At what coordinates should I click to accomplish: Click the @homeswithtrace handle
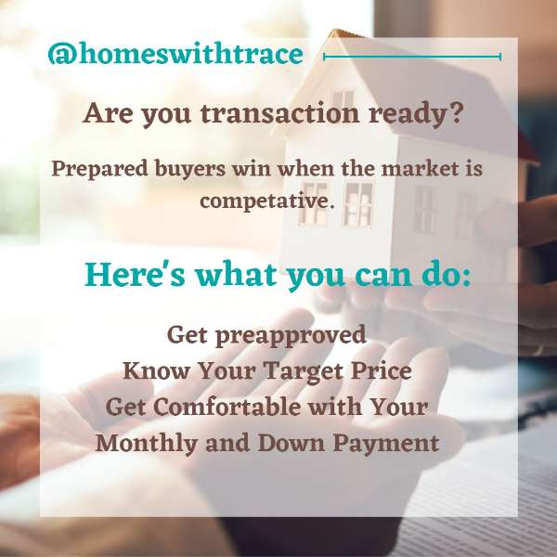point(175,54)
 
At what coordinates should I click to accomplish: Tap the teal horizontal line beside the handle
point(412,56)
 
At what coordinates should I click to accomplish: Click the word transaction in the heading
point(280,113)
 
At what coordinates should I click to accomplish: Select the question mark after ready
point(456,112)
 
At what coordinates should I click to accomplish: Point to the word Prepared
point(100,169)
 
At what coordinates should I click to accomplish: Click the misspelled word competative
point(267,201)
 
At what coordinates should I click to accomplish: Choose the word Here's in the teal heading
point(135,275)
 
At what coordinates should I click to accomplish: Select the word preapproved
point(291,335)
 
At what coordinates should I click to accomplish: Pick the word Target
point(304,371)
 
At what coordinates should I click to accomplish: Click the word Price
point(382,370)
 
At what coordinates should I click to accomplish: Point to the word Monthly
point(147,444)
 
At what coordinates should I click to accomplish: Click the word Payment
point(386,444)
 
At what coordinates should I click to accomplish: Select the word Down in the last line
point(291,443)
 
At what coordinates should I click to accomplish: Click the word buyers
point(190,169)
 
